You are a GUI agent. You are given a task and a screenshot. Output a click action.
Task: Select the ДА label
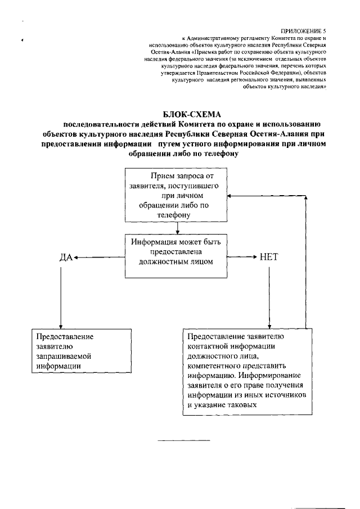(66, 258)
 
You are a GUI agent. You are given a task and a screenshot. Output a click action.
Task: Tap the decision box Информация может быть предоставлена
(177, 256)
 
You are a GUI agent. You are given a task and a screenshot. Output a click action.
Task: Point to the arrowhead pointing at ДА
(76, 258)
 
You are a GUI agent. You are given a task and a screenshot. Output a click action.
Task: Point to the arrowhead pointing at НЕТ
(255, 258)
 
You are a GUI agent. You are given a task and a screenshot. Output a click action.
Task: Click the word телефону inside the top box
(178, 215)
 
